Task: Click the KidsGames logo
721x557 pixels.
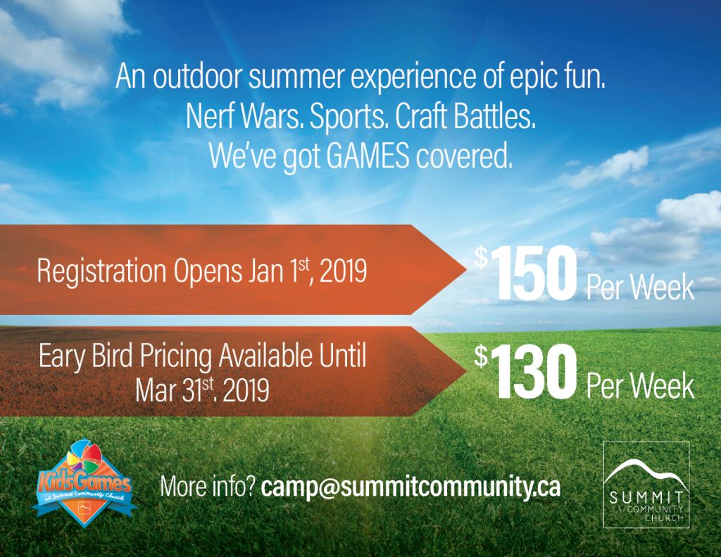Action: pyautogui.click(x=84, y=484)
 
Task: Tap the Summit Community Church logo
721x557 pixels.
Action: pyautogui.click(x=646, y=484)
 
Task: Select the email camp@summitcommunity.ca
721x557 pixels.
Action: pyautogui.click(x=410, y=487)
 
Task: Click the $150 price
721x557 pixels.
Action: pyautogui.click(x=526, y=273)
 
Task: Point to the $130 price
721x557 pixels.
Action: pyautogui.click(x=525, y=372)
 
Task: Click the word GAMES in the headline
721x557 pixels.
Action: pyautogui.click(x=368, y=156)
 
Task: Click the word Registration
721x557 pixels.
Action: pyautogui.click(x=101, y=271)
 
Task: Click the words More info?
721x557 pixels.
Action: pyautogui.click(x=207, y=487)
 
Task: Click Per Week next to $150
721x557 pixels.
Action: pyautogui.click(x=640, y=287)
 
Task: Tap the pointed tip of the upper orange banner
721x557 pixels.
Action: pyautogui.click(x=466, y=269)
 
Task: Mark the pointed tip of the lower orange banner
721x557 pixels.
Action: pyautogui.click(x=466, y=370)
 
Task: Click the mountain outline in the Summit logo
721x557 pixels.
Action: pyautogui.click(x=646, y=472)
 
